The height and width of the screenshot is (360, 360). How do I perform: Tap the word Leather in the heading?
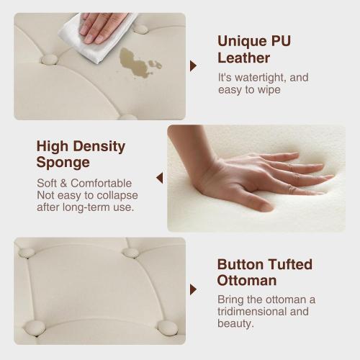[x=244, y=58]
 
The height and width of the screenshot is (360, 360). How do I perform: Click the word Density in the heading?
[x=99, y=147]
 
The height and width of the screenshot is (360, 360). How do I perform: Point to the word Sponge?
[x=63, y=163]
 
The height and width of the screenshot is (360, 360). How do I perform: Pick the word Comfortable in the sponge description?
[x=102, y=184]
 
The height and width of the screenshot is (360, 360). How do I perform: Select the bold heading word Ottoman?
[x=247, y=281]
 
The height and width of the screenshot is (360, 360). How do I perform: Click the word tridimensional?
[x=252, y=312]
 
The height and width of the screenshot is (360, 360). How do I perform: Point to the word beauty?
[x=235, y=323]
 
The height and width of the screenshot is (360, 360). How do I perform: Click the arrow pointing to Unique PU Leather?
[x=193, y=66]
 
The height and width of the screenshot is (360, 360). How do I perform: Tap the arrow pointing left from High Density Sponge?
[x=160, y=178]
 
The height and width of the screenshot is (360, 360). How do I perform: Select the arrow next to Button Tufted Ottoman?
[x=193, y=289]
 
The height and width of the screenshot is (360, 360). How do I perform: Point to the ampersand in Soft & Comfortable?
[x=63, y=184]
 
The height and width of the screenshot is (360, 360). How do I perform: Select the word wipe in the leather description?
[x=269, y=91]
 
